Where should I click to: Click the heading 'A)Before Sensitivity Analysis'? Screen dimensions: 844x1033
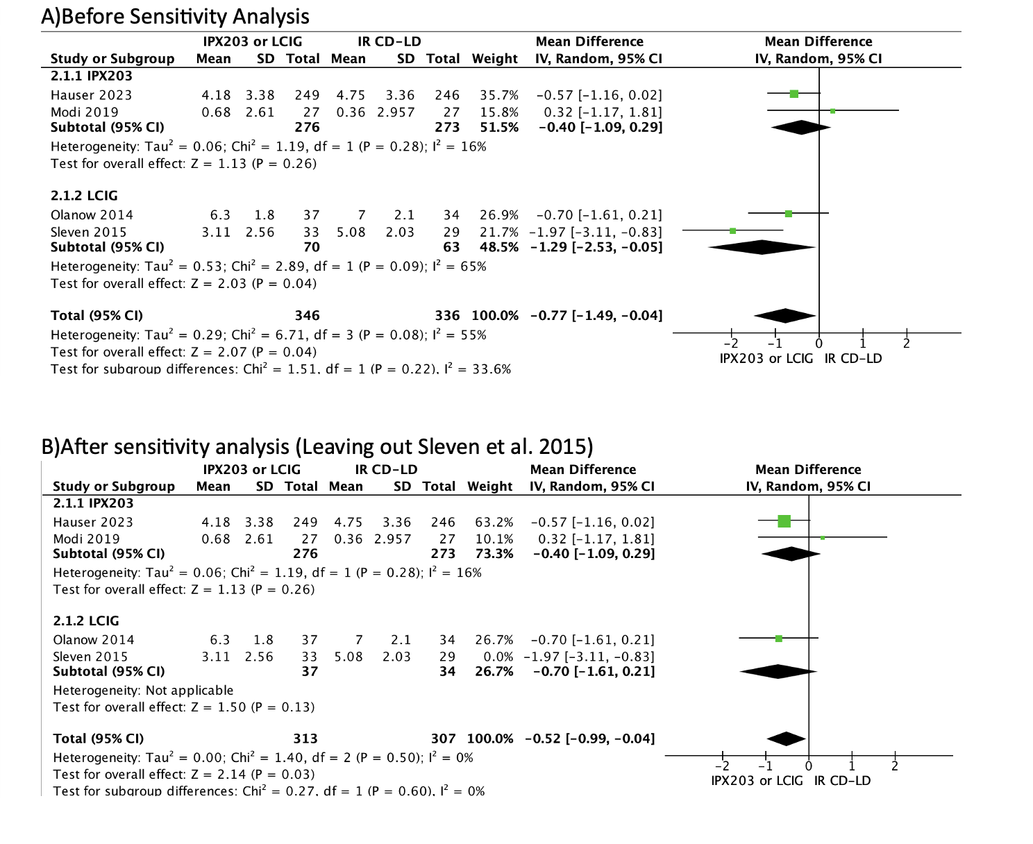coord(175,16)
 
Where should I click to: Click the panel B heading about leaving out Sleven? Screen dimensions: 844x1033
coord(317,446)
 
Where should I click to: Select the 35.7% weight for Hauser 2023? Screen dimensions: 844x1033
coord(498,95)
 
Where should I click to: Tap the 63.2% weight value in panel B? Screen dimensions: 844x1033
coord(494,522)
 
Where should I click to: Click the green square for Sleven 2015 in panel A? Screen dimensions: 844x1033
coord(732,230)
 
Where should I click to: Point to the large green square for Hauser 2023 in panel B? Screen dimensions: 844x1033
coord(784,521)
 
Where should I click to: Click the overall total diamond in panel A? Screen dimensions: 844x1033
coord(784,316)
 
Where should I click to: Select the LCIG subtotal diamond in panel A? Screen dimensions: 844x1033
coord(762,247)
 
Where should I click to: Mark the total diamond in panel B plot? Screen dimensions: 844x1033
coord(786,739)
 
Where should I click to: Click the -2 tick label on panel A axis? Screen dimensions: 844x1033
coord(730,344)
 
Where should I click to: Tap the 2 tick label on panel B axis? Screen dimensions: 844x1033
coord(895,766)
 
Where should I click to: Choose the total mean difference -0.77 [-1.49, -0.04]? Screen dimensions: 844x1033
coord(596,316)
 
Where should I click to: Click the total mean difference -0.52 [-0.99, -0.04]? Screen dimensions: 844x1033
coord(589,738)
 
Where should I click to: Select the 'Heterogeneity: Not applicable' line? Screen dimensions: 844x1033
coord(143,691)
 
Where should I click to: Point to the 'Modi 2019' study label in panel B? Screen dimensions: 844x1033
coord(86,539)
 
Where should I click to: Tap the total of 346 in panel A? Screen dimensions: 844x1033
coord(307,316)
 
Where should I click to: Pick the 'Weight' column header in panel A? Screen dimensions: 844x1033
coord(494,59)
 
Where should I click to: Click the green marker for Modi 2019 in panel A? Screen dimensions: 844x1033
coord(833,111)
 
